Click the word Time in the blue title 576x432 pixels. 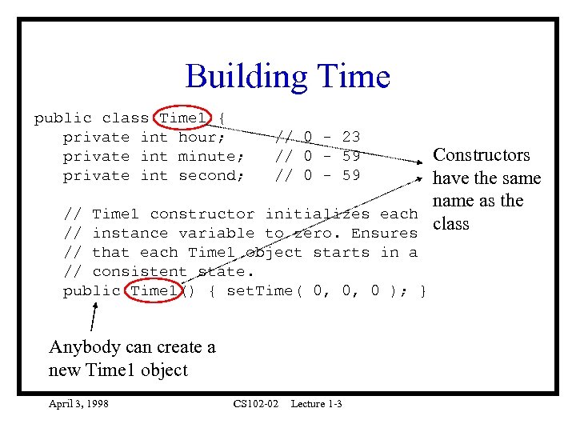coord(354,77)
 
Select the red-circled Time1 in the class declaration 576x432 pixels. coord(183,118)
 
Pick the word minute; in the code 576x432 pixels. coord(210,157)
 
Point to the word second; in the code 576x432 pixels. coord(210,176)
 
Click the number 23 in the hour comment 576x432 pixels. coord(350,138)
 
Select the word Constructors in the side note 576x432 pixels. coord(482,155)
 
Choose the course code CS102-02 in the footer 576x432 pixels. coord(256,404)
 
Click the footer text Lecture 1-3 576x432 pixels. coord(316,404)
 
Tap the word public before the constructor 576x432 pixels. coord(91,291)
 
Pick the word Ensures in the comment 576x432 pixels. coord(385,234)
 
